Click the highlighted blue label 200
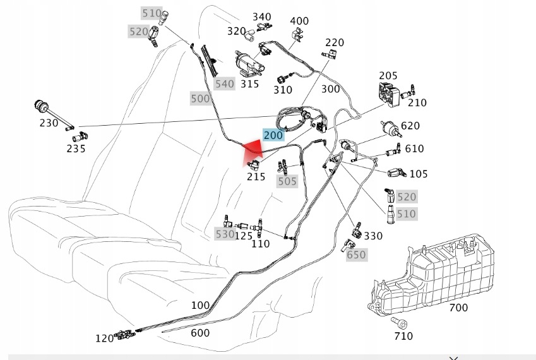273,135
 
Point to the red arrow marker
254,150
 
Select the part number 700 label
458,308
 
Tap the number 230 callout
49,123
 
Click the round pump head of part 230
41,105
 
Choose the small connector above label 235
80,137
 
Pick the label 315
250,84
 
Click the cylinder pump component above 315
249,63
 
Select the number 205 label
388,76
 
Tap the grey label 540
225,84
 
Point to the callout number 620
410,126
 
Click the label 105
419,174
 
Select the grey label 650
356,255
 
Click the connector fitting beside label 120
124,334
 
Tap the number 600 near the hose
200,333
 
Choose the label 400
299,21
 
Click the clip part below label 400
297,35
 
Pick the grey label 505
287,181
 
